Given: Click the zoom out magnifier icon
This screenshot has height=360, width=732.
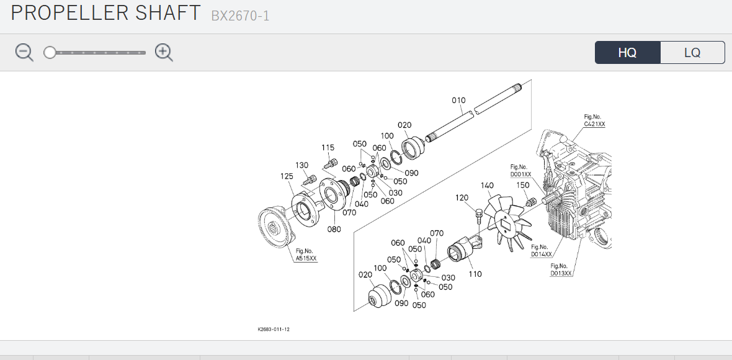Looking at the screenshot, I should [24, 52].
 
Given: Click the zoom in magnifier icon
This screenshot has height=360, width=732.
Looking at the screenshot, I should [163, 52].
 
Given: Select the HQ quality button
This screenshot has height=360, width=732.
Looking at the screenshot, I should [627, 53].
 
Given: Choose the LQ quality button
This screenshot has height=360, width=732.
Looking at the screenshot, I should [692, 53].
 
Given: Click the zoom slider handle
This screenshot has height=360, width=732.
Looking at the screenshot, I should [50, 53].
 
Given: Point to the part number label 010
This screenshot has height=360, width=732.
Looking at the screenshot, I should [458, 101].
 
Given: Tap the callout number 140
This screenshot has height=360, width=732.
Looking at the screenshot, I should [487, 186].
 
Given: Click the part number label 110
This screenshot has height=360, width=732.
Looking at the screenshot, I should [475, 274].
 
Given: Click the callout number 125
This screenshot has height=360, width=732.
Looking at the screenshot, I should [287, 176].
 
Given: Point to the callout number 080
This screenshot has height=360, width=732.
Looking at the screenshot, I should [334, 229].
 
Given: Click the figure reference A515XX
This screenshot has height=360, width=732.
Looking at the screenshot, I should [306, 258].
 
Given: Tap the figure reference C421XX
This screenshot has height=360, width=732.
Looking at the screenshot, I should [594, 124].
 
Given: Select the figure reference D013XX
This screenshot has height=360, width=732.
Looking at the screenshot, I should [561, 272].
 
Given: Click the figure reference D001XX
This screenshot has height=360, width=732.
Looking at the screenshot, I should [520, 174].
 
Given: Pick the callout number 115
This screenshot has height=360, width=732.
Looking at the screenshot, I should [328, 148].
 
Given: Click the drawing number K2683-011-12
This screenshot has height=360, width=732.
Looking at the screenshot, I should [274, 329].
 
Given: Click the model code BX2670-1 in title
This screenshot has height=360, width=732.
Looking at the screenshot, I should [240, 16].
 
